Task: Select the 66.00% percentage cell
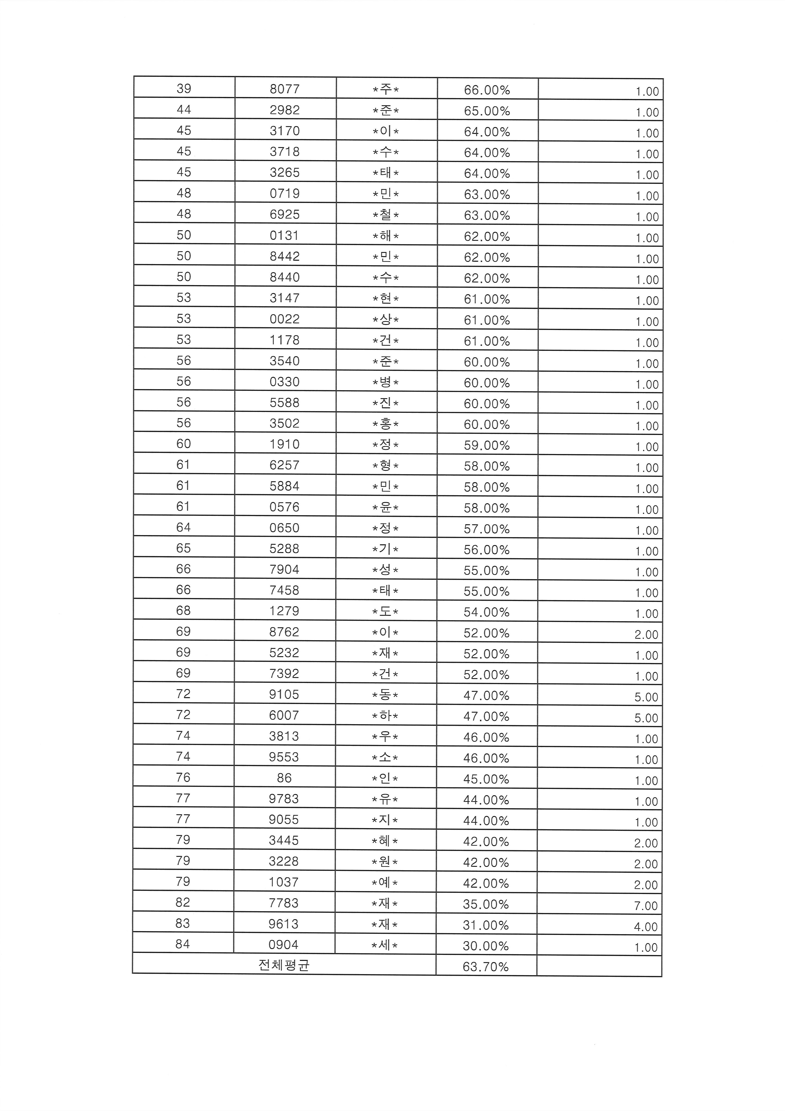(x=487, y=90)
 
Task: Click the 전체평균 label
(x=284, y=965)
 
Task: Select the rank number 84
(x=183, y=944)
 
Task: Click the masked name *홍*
(x=385, y=424)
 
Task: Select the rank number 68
(x=183, y=611)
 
